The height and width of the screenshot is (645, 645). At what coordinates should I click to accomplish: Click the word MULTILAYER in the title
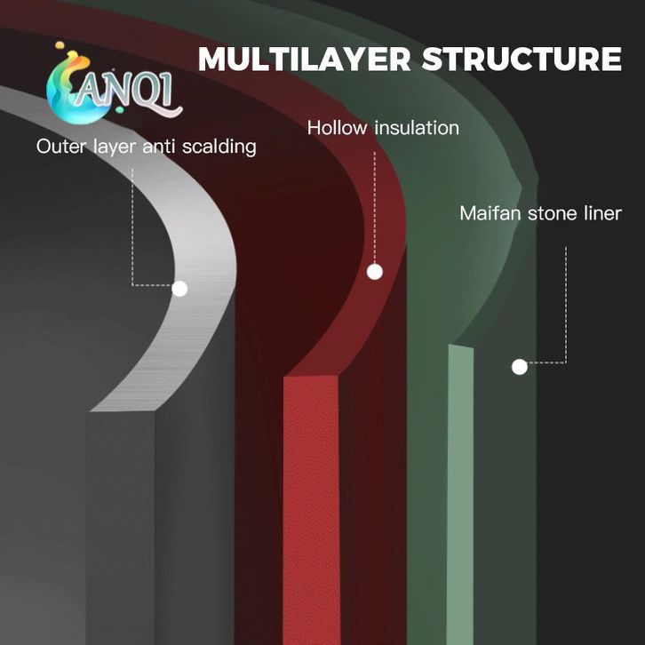tap(304, 59)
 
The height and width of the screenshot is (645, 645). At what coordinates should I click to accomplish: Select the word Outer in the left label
tap(60, 147)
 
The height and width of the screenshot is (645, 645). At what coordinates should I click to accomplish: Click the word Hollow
tap(338, 128)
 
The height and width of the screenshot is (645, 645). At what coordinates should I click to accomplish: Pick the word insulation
tap(416, 128)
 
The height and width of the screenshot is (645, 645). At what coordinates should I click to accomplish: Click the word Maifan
tap(490, 213)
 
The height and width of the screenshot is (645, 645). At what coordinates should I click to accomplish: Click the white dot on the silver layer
tap(179, 288)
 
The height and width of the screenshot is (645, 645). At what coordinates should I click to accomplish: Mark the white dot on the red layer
tap(375, 272)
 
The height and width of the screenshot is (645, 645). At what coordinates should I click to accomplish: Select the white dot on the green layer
tap(520, 365)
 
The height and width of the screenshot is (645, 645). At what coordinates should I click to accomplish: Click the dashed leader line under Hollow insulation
tap(375, 204)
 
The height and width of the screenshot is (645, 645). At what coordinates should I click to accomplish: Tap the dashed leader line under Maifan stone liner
tap(566, 302)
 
